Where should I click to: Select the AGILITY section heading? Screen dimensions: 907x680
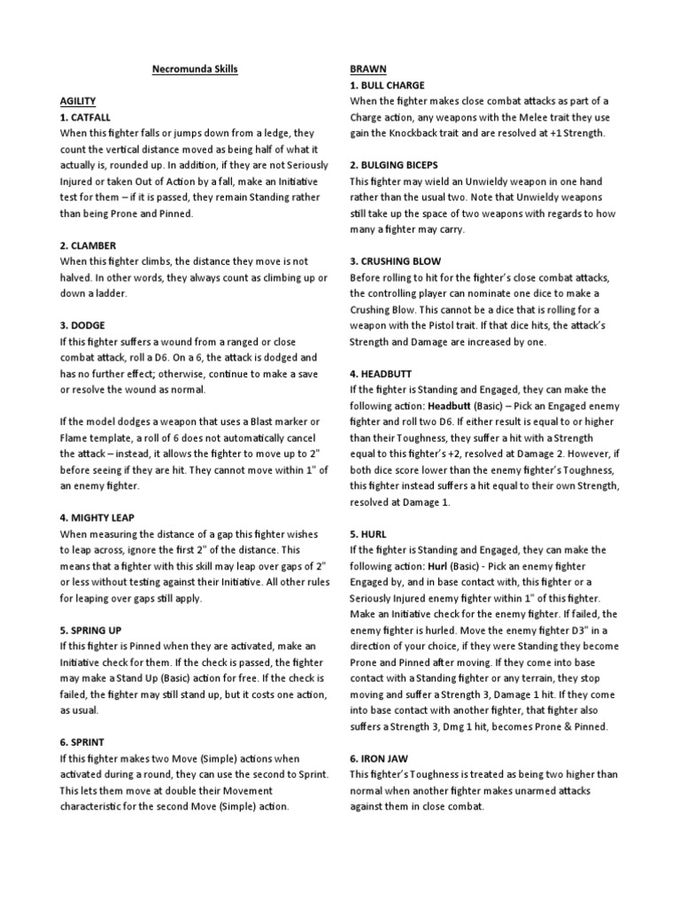click(x=77, y=102)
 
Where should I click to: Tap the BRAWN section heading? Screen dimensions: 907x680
click(x=367, y=69)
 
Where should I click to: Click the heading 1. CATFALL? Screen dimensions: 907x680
click(x=87, y=118)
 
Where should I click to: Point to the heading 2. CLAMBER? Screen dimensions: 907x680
click(x=89, y=245)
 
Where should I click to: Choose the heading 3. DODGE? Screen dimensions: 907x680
click(x=83, y=326)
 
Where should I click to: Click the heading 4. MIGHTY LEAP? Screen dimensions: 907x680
click(x=97, y=517)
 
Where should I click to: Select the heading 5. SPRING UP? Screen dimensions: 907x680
click(x=92, y=630)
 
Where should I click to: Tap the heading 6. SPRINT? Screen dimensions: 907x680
click(x=83, y=742)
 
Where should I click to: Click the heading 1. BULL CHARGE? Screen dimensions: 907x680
click(x=388, y=86)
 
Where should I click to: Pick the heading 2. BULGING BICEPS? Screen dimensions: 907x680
click(x=396, y=166)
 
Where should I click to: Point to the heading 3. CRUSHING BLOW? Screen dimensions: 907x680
click(x=395, y=262)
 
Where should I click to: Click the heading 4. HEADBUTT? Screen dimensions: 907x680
click(x=382, y=374)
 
